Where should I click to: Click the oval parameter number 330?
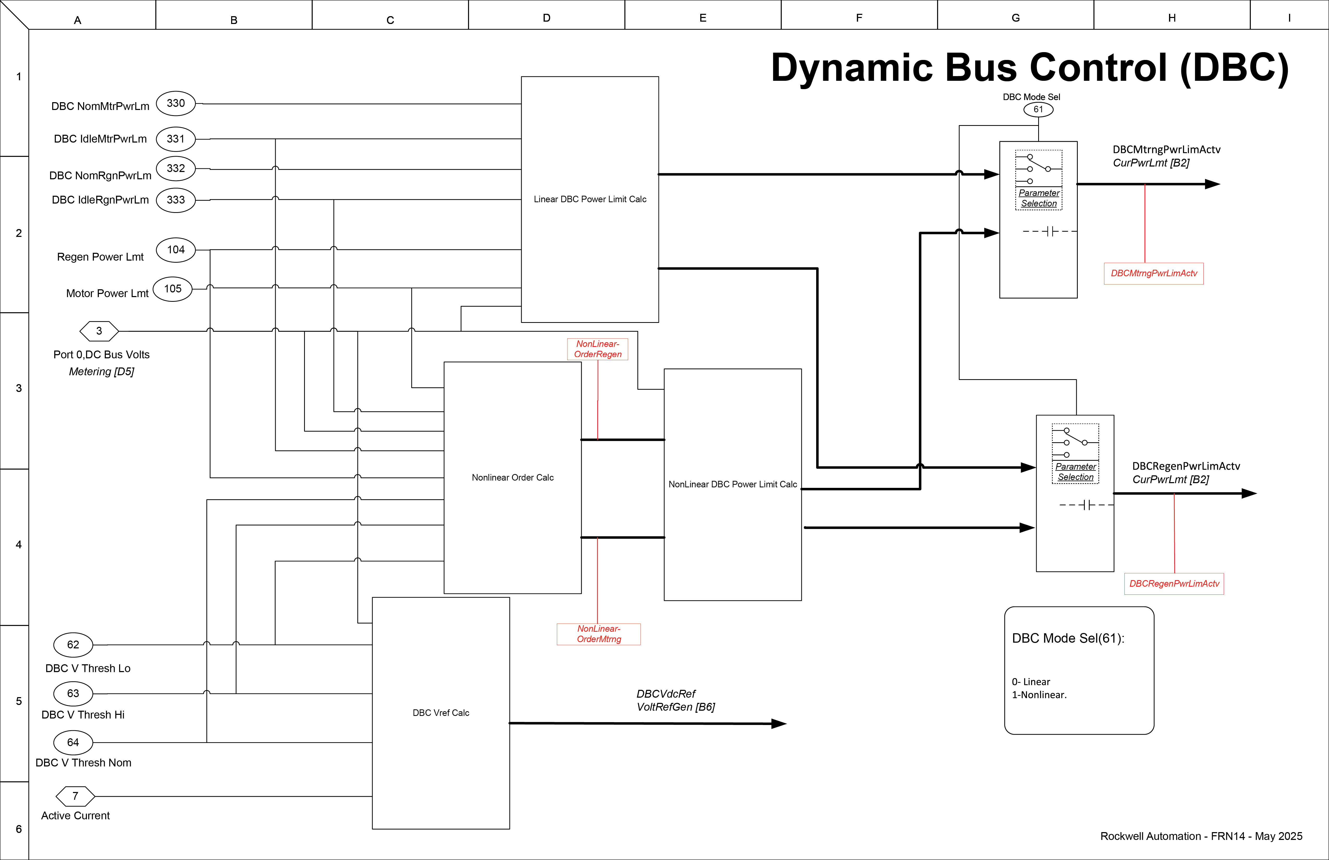tap(175, 103)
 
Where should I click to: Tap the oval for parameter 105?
tap(173, 289)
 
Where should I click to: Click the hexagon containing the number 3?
tap(99, 331)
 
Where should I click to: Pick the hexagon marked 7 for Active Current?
tap(75, 796)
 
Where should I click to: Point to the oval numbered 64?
tap(73, 742)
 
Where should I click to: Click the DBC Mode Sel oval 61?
tap(1038, 109)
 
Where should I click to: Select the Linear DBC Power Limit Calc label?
tap(590, 199)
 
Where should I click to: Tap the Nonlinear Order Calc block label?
tap(513, 477)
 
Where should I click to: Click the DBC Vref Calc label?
tap(441, 712)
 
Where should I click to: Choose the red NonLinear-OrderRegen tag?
tap(598, 349)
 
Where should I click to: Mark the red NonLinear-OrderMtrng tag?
tap(599, 634)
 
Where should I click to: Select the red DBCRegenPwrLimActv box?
tap(1174, 583)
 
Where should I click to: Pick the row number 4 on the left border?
tap(19, 544)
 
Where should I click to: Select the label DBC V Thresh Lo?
tap(88, 668)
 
